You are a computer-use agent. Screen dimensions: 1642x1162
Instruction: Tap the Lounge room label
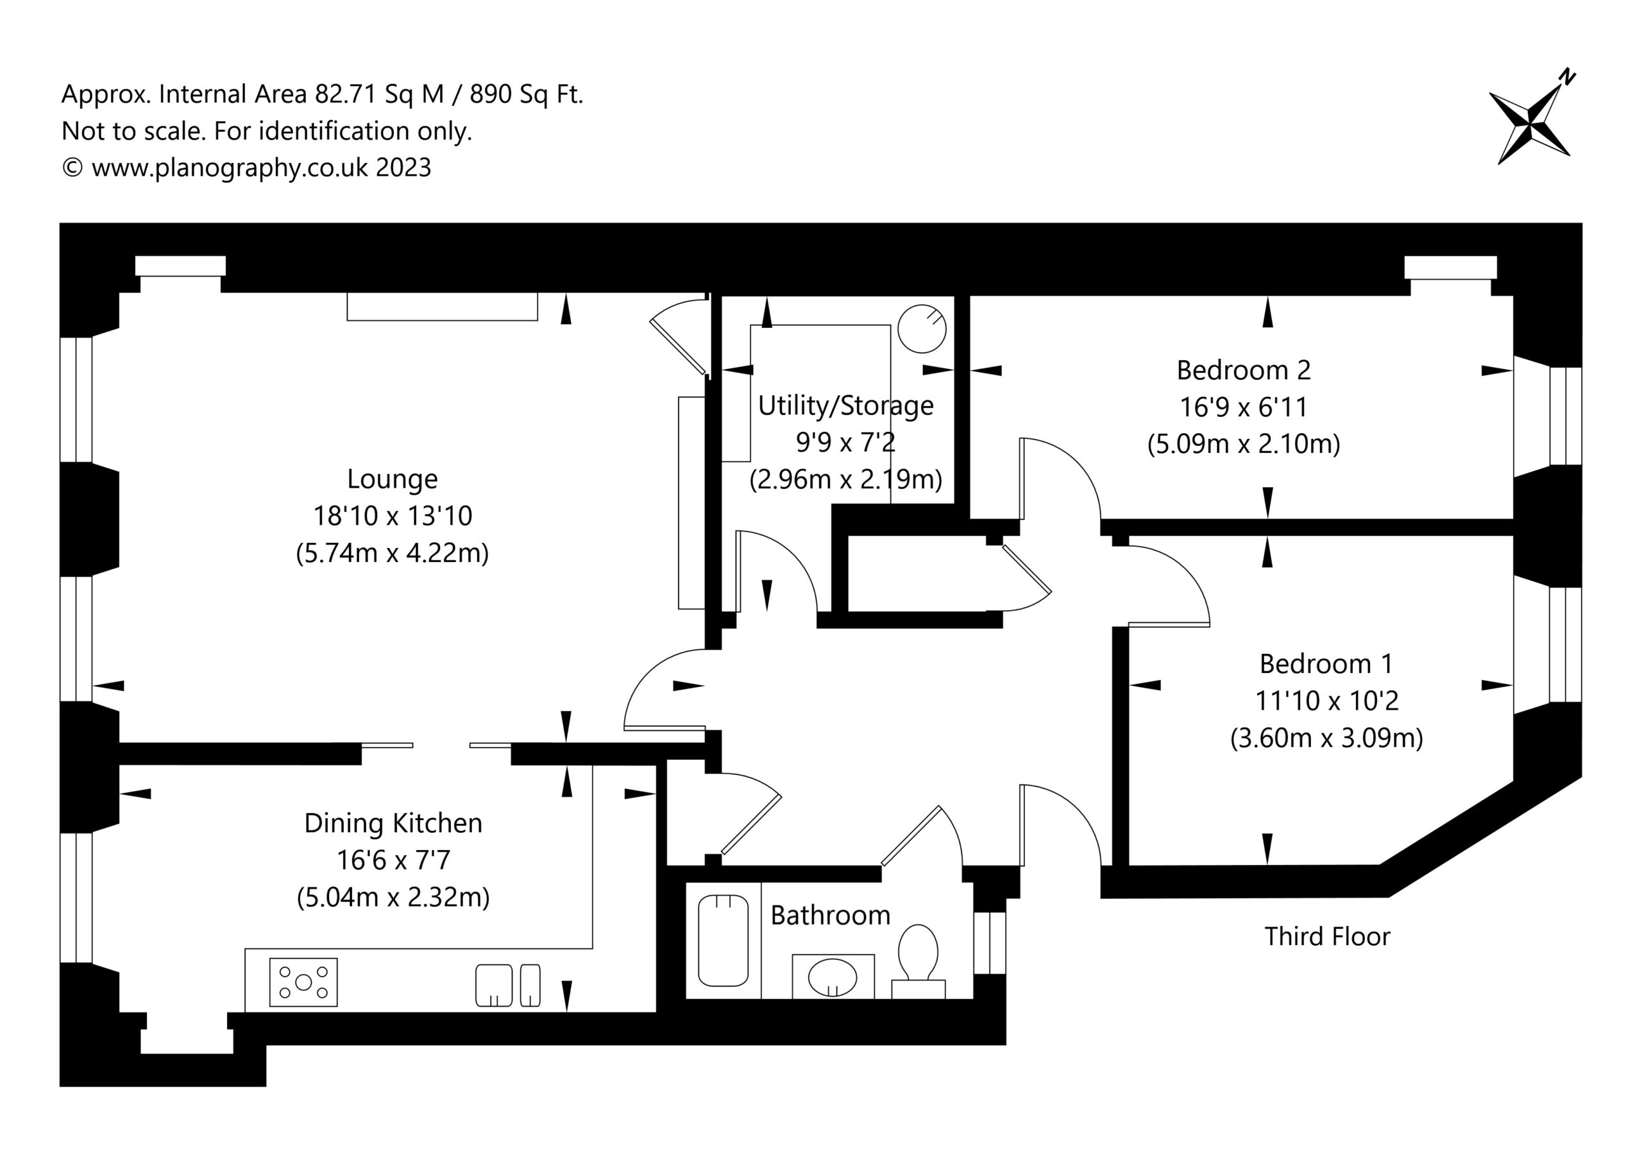tap(392, 479)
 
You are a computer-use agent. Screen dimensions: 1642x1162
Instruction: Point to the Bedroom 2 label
tap(1244, 370)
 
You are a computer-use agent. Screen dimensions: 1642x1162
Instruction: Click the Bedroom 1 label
tap(1326, 664)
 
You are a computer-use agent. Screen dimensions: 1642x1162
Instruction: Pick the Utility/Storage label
tap(846, 406)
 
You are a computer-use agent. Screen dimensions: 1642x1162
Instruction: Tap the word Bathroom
tap(830, 915)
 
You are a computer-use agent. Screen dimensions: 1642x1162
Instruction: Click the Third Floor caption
tap(1327, 936)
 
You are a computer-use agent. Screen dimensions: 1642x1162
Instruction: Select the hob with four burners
tap(303, 982)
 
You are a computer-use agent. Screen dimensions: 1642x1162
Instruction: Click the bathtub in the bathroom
tap(723, 940)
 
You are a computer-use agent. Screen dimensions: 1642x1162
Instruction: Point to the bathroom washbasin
tap(833, 976)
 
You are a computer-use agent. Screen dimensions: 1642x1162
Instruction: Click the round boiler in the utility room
tap(922, 329)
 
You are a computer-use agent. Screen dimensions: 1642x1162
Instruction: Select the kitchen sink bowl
tap(494, 986)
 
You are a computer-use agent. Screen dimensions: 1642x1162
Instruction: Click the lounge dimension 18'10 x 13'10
tap(393, 516)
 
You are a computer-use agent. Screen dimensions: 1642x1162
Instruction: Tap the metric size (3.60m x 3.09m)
tap(1326, 738)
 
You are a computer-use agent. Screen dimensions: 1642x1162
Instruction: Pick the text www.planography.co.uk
tap(230, 167)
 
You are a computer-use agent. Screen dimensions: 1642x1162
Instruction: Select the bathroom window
tap(990, 943)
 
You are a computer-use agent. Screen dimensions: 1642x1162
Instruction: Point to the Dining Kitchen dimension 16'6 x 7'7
tap(393, 860)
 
